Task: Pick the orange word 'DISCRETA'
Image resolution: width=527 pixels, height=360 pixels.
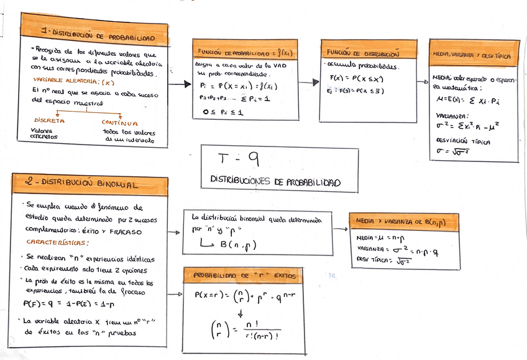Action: tap(48, 121)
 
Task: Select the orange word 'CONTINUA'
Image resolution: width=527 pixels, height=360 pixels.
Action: tap(121, 123)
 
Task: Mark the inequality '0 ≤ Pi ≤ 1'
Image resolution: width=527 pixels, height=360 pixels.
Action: tap(222, 112)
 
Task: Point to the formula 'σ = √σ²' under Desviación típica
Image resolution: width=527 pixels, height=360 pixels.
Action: tap(452, 151)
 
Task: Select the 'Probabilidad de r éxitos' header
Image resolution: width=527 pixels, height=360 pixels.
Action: tap(245, 275)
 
